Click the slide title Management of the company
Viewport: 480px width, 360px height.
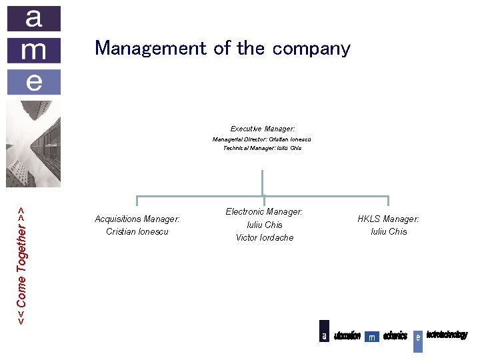click(222, 48)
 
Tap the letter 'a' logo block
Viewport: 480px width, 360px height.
click(33, 19)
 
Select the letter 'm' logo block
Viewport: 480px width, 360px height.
click(33, 50)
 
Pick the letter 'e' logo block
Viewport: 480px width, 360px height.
click(33, 81)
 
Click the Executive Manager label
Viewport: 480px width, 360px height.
click(263, 128)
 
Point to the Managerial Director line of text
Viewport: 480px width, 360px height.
click(262, 139)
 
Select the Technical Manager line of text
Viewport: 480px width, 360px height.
click(262, 148)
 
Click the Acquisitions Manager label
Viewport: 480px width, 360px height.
click(137, 219)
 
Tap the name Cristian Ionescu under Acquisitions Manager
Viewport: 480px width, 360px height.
click(137, 231)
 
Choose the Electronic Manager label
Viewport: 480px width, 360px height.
click(264, 211)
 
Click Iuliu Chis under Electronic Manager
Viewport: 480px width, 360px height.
click(264, 225)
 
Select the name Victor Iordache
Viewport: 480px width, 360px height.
click(264, 237)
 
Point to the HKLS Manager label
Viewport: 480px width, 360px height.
click(388, 219)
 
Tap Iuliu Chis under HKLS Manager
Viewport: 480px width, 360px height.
click(388, 231)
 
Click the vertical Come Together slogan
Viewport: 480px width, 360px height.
click(21, 265)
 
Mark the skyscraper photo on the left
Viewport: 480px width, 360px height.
click(33, 143)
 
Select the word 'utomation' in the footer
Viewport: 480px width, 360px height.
click(347, 335)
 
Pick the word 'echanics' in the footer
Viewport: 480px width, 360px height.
click(395, 335)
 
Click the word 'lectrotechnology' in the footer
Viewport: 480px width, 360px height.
click(447, 334)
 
